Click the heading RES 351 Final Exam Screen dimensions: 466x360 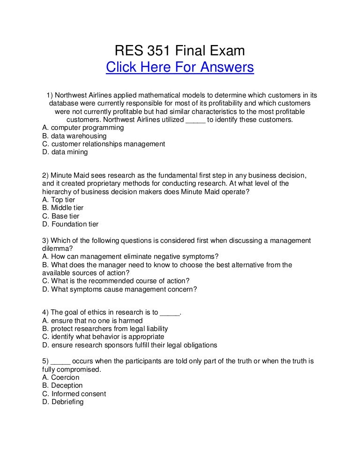pos(180,50)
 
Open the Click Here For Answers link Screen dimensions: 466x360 pos(180,68)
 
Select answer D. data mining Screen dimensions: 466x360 pos(65,152)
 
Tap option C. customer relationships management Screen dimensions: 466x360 pos(103,144)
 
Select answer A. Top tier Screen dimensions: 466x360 pos(59,199)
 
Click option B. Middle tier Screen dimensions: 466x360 pos(63,208)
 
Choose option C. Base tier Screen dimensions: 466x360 pos(61,216)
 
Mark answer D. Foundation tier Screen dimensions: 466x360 pos(70,225)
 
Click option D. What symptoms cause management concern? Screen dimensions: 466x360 pos(120,289)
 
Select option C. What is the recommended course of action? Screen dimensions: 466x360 pos(116,281)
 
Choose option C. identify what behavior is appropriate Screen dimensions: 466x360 pos(103,337)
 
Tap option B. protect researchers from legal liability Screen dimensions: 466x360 pos(105,329)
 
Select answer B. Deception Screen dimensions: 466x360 pos(62,385)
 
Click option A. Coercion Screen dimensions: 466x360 pos(61,377)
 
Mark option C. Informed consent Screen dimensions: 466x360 pos(74,394)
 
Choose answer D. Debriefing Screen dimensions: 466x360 pos(63,402)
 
